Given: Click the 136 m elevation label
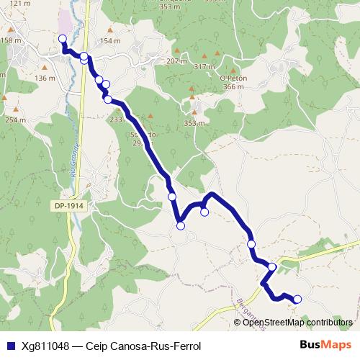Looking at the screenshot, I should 45,78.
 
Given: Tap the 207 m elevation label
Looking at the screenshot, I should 176,60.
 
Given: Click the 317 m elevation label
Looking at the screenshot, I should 205,66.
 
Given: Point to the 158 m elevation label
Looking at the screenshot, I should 11,40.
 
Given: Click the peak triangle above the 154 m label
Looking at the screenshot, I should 109,30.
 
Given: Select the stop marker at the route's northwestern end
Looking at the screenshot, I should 62,39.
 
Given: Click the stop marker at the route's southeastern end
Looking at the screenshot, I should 297,300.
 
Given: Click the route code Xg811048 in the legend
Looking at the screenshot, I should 46,346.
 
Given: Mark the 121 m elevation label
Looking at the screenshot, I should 20,4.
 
